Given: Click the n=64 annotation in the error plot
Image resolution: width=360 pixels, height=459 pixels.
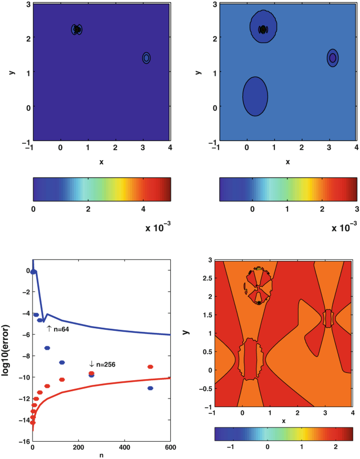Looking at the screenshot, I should (59, 329).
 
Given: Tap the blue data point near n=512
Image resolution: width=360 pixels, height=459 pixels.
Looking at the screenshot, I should (150, 388).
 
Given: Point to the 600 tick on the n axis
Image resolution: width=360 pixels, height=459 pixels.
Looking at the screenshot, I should (170, 448).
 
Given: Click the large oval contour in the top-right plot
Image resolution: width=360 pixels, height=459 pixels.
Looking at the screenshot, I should (255, 96).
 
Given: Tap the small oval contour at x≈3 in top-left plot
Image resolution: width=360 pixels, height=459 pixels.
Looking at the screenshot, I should (146, 58).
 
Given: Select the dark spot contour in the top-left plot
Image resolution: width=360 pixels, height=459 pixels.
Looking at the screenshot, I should (77, 30).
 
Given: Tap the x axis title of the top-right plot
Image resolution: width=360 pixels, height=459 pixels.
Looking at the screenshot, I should (287, 162).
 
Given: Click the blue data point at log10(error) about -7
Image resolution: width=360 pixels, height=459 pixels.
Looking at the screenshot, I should (47, 348).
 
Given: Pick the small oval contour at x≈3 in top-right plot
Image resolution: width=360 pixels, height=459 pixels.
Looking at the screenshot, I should (332, 58).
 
